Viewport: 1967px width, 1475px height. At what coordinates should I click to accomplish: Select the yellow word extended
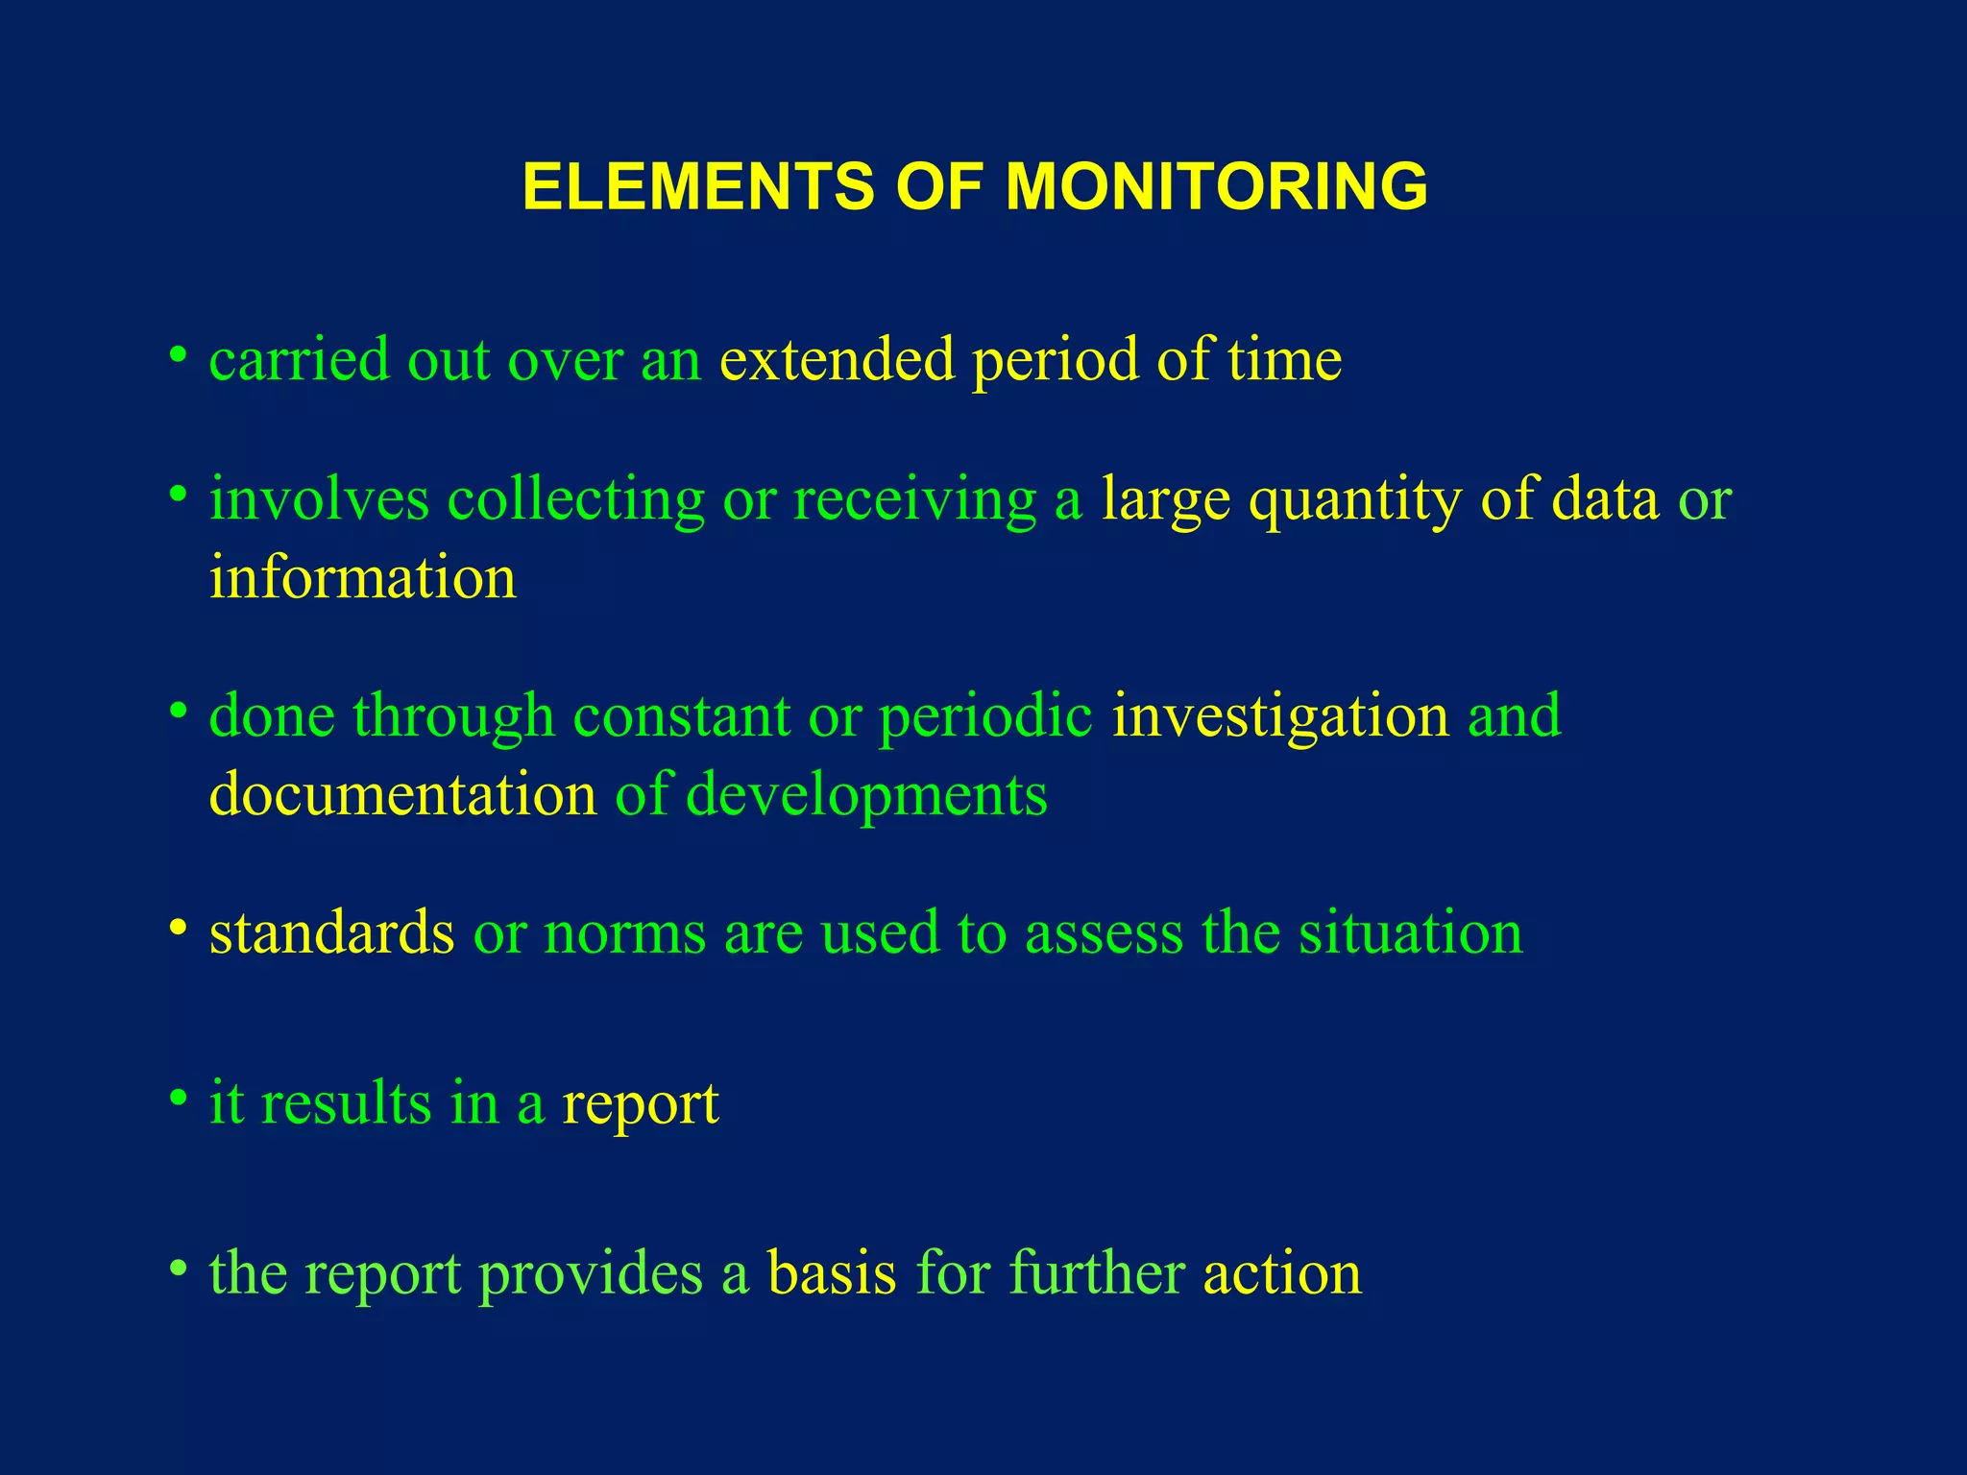click(838, 359)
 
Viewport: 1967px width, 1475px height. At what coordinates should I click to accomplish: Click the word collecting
click(576, 500)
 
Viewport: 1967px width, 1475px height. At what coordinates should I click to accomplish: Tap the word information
click(363, 578)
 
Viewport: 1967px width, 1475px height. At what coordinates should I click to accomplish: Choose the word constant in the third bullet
click(681, 716)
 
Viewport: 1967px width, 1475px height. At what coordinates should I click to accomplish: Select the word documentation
click(403, 795)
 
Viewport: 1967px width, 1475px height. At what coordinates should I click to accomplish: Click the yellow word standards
click(332, 932)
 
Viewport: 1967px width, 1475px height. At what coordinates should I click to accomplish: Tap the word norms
click(624, 934)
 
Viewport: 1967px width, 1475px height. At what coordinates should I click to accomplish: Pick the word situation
click(1411, 932)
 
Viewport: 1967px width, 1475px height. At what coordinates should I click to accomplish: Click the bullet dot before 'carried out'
click(177, 355)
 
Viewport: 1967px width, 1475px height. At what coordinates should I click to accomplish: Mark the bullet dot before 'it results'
click(177, 1098)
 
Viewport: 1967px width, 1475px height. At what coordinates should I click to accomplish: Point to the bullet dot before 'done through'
click(177, 712)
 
